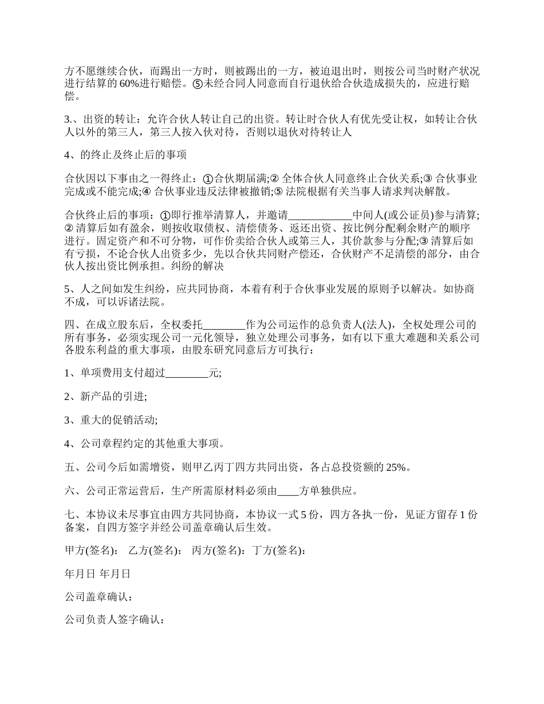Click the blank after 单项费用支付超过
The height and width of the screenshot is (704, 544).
187,374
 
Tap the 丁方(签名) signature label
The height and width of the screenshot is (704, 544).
279,551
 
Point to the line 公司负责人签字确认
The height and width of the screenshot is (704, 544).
115,620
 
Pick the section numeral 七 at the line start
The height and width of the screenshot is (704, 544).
70,515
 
